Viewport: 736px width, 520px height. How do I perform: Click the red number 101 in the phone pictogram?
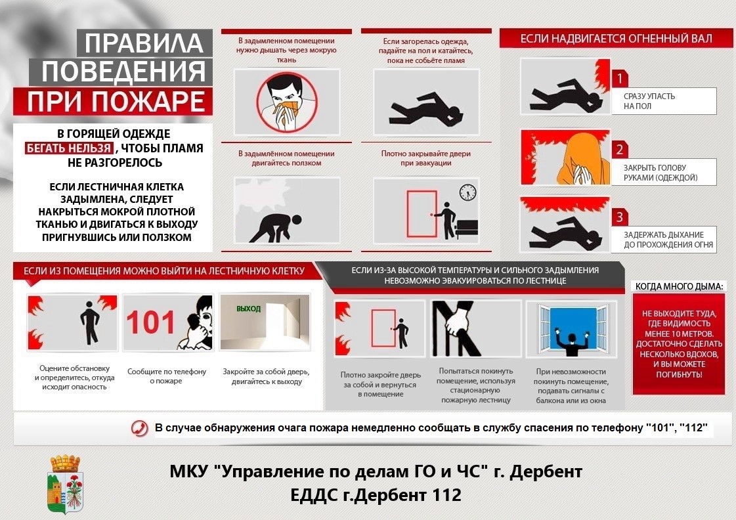click(x=151, y=322)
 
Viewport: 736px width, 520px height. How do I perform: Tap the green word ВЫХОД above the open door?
click(x=248, y=309)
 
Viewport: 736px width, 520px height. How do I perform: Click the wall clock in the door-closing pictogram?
click(x=467, y=192)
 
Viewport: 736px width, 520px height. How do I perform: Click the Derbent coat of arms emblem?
click(x=66, y=484)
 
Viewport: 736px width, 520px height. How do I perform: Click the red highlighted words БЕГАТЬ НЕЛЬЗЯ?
click(x=69, y=148)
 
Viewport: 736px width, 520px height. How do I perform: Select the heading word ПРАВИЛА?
click(x=144, y=43)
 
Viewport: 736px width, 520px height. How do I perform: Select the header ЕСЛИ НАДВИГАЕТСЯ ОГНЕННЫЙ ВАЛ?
click(x=616, y=39)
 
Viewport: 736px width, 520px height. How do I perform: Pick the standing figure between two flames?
click(x=89, y=322)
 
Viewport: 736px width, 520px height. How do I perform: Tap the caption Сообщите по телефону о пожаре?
click(x=167, y=376)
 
